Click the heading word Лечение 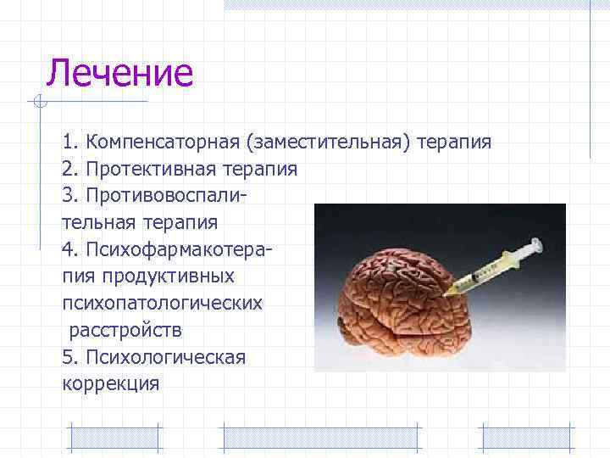pyautogui.click(x=119, y=73)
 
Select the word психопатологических pyautogui.click(x=161, y=304)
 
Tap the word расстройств pyautogui.click(x=124, y=331)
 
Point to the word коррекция pyautogui.click(x=110, y=384)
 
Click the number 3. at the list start pyautogui.click(x=69, y=196)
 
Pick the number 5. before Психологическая pyautogui.click(x=69, y=357)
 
